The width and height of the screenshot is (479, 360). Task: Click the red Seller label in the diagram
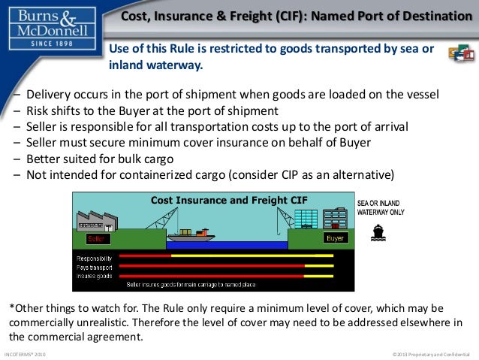click(x=96, y=238)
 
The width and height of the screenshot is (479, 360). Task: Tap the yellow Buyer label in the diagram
click(x=334, y=238)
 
